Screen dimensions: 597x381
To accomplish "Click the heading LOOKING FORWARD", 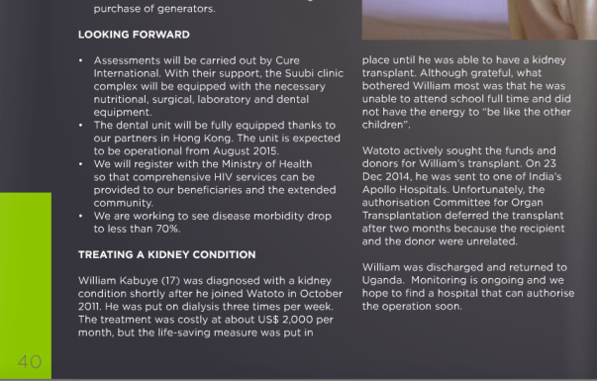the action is (134, 35).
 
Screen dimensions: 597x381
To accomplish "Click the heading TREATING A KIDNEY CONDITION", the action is (166, 254).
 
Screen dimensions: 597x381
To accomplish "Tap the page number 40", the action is (29, 362).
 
